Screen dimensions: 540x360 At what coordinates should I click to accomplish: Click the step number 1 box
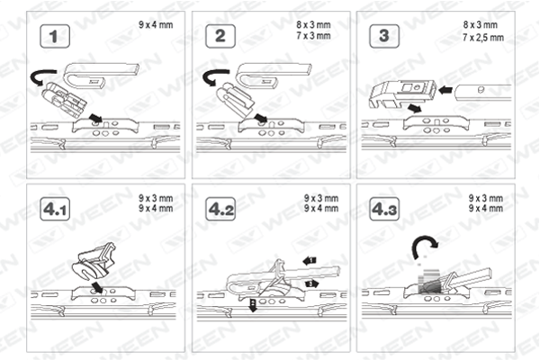coord(55,36)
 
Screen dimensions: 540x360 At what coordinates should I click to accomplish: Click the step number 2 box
coord(220,36)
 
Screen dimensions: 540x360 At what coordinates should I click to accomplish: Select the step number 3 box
coord(384,36)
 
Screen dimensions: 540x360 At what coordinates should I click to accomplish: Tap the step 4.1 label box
coord(55,209)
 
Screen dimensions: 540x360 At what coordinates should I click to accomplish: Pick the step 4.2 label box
coord(220,209)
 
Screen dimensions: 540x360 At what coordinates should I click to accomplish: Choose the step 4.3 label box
coord(384,209)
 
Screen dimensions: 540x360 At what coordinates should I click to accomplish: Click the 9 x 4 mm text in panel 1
coord(156,25)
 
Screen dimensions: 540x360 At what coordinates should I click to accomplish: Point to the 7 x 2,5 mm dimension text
coord(483,37)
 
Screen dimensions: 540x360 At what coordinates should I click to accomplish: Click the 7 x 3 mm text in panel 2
coord(313,35)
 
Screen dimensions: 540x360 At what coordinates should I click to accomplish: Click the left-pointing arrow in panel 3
coord(445,90)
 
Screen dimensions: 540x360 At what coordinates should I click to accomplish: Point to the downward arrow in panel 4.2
coord(253,305)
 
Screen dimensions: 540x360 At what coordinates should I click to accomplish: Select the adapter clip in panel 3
coord(402,93)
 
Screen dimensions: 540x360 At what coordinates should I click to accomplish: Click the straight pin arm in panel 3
coord(482,93)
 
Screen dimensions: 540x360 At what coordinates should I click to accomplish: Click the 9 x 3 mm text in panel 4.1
coord(156,198)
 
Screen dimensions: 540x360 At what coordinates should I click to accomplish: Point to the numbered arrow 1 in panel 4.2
coord(310,261)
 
